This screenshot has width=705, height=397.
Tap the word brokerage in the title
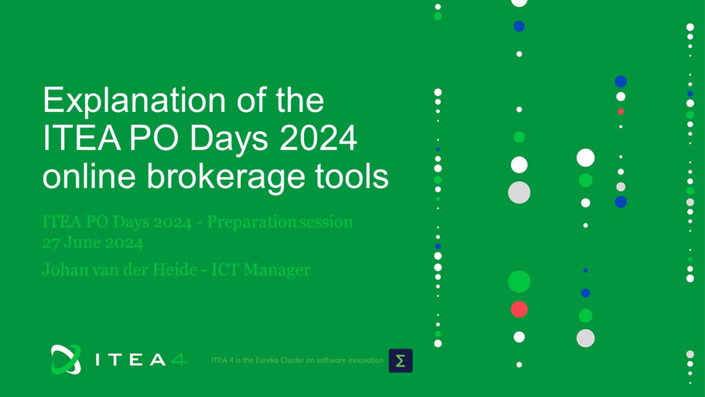pyautogui.click(x=226, y=177)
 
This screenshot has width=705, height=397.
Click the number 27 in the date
pyautogui.click(x=51, y=243)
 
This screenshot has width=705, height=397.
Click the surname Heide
pyautogui.click(x=175, y=269)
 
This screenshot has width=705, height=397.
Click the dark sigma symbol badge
pyautogui.click(x=401, y=361)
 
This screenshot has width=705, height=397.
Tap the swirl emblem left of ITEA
pyautogui.click(x=66, y=360)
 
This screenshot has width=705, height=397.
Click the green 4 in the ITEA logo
pyautogui.click(x=178, y=359)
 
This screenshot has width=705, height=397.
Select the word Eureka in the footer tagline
pyautogui.click(x=267, y=360)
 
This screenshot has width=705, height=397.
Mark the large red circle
pyautogui.click(x=519, y=309)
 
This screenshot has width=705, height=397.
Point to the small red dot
pyautogui.click(x=621, y=112)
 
